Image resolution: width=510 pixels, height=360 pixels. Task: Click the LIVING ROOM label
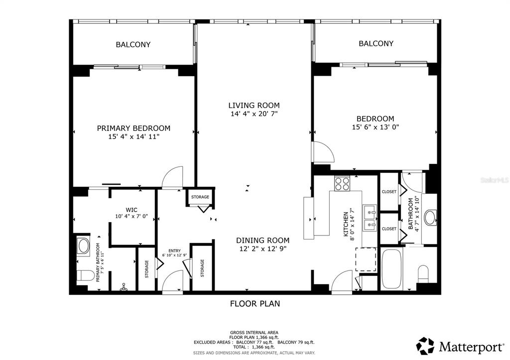click(x=254, y=105)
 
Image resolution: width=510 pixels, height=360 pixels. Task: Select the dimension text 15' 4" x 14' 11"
click(x=133, y=136)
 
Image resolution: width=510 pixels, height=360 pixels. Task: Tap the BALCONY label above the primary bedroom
click(x=133, y=44)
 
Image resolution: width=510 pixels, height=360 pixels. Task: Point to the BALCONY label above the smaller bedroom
click(x=376, y=43)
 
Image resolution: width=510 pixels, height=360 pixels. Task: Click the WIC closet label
click(x=131, y=210)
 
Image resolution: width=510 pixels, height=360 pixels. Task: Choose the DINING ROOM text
click(x=261, y=240)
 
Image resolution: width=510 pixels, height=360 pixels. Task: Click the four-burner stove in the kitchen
click(x=342, y=184)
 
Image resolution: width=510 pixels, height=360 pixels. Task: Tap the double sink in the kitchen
click(x=369, y=219)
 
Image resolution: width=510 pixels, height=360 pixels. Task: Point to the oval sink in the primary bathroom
click(x=83, y=246)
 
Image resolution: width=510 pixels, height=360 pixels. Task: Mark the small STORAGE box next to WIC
click(x=200, y=197)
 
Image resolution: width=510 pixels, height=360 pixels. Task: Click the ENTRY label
click(x=174, y=250)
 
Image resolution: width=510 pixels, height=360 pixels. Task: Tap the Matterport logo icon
click(x=425, y=346)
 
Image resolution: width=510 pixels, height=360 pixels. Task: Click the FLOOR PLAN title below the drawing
click(x=255, y=303)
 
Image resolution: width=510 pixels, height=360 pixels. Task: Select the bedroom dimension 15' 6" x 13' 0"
click(x=375, y=126)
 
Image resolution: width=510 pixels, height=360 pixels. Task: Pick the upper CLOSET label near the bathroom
click(x=389, y=192)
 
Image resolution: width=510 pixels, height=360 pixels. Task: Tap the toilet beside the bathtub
click(x=424, y=273)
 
